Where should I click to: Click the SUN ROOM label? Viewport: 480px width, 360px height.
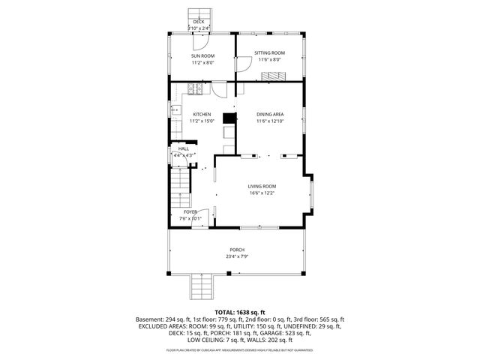point(202,56)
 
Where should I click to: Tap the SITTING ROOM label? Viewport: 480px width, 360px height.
point(269,52)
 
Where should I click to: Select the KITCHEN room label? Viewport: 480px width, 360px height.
point(202,114)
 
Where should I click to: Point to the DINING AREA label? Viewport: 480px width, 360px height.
point(269,114)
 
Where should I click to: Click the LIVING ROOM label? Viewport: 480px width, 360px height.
point(262,186)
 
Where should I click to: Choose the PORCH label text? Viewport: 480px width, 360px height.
point(237,250)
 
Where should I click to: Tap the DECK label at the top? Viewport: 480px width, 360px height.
point(199,22)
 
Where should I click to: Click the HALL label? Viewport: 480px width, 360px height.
point(184,148)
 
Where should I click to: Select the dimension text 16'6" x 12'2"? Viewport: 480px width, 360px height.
point(262,193)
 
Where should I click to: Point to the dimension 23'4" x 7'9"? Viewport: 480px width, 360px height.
point(237,256)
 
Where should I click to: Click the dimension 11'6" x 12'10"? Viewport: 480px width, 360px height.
point(269,121)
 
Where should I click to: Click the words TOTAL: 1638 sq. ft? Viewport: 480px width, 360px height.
point(240,311)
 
